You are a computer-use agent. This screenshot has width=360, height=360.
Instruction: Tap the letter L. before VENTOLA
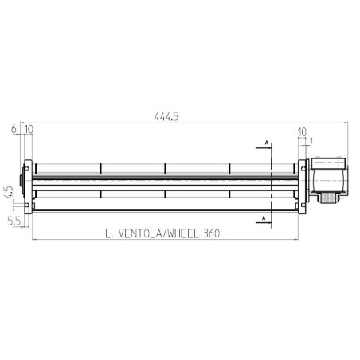109,233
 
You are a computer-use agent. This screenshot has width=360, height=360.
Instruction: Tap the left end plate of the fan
29,186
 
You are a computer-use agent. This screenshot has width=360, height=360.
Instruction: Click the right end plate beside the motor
303,186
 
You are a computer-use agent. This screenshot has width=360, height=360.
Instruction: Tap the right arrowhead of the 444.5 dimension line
345,123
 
